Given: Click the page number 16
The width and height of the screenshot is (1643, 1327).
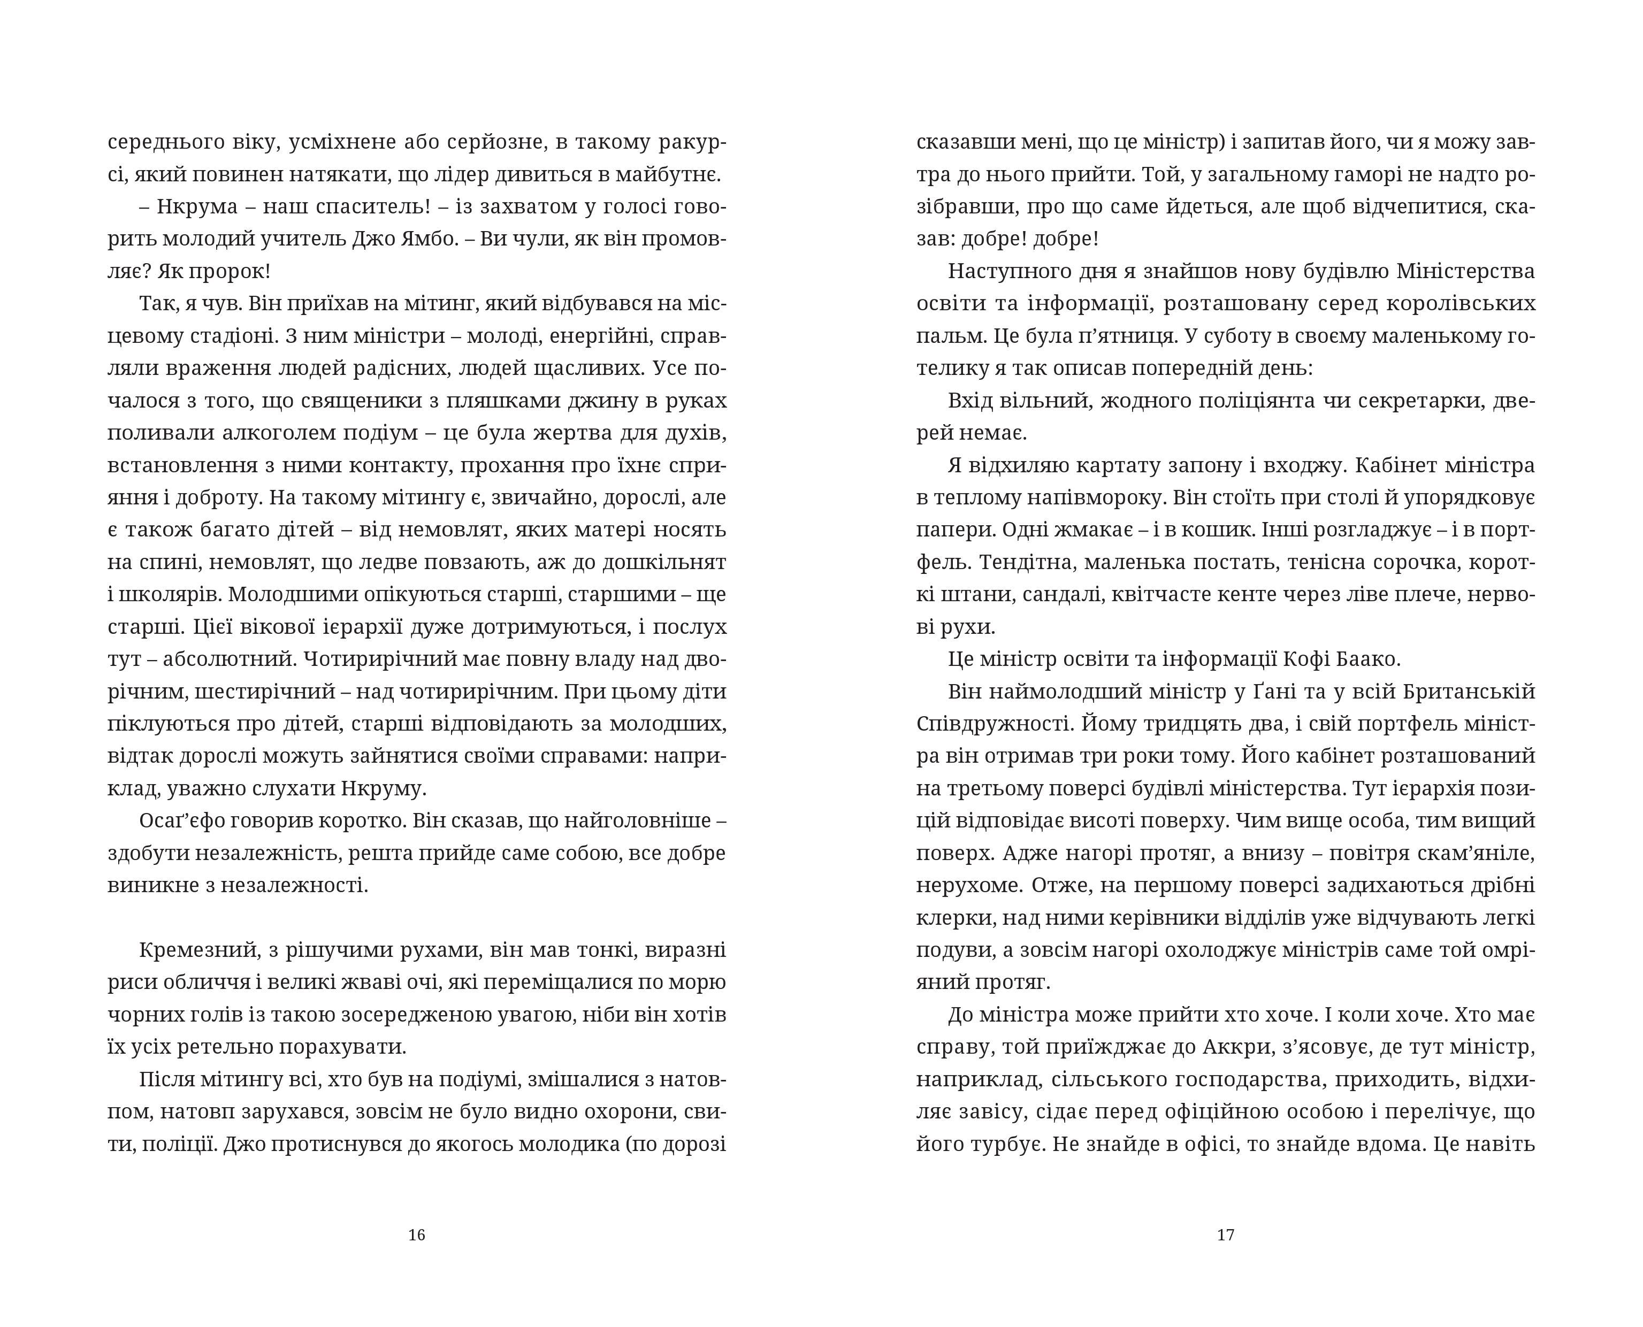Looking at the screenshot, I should click(417, 1234).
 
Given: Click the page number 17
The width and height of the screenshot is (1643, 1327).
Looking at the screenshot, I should click(1226, 1234).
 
